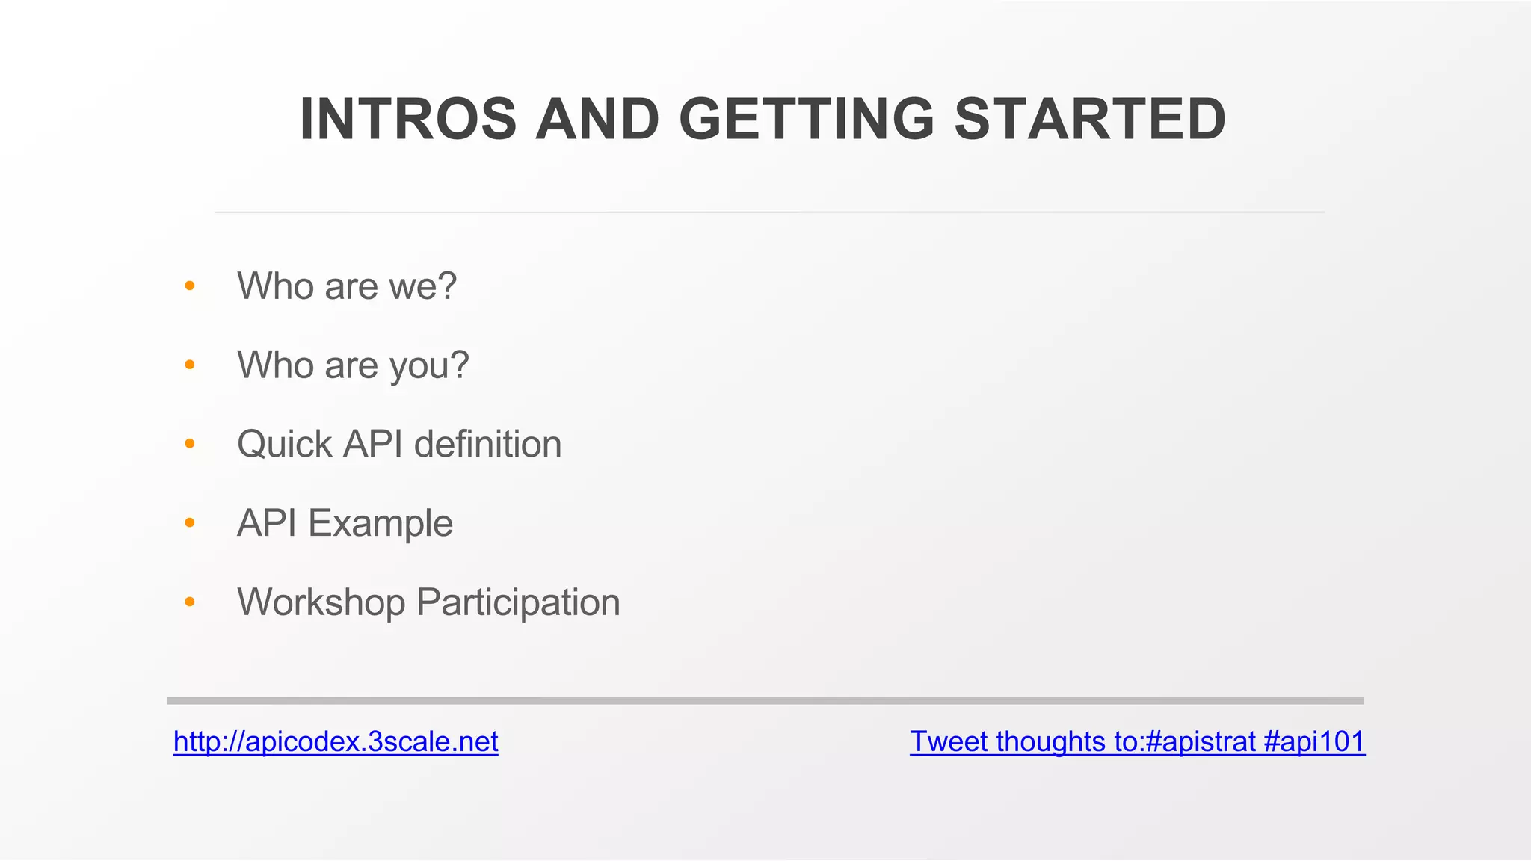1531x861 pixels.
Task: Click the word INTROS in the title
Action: click(407, 120)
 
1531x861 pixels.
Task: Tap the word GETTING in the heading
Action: click(806, 120)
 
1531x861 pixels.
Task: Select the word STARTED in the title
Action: click(1090, 120)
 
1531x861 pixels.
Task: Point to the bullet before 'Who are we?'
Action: click(190, 286)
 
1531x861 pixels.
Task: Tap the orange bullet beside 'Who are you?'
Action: click(190, 365)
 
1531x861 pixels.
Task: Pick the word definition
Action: click(487, 445)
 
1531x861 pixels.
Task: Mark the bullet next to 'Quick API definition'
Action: click(190, 444)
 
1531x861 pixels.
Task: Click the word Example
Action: click(381, 523)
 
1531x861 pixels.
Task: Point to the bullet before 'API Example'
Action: click(190, 523)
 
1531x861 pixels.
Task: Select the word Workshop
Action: click(321, 602)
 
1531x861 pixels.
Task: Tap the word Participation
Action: click(518, 602)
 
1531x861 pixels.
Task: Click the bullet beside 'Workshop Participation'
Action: click(190, 602)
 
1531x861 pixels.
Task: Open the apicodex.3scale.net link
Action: click(336, 741)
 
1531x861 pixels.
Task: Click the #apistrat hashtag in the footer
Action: click(1200, 741)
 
